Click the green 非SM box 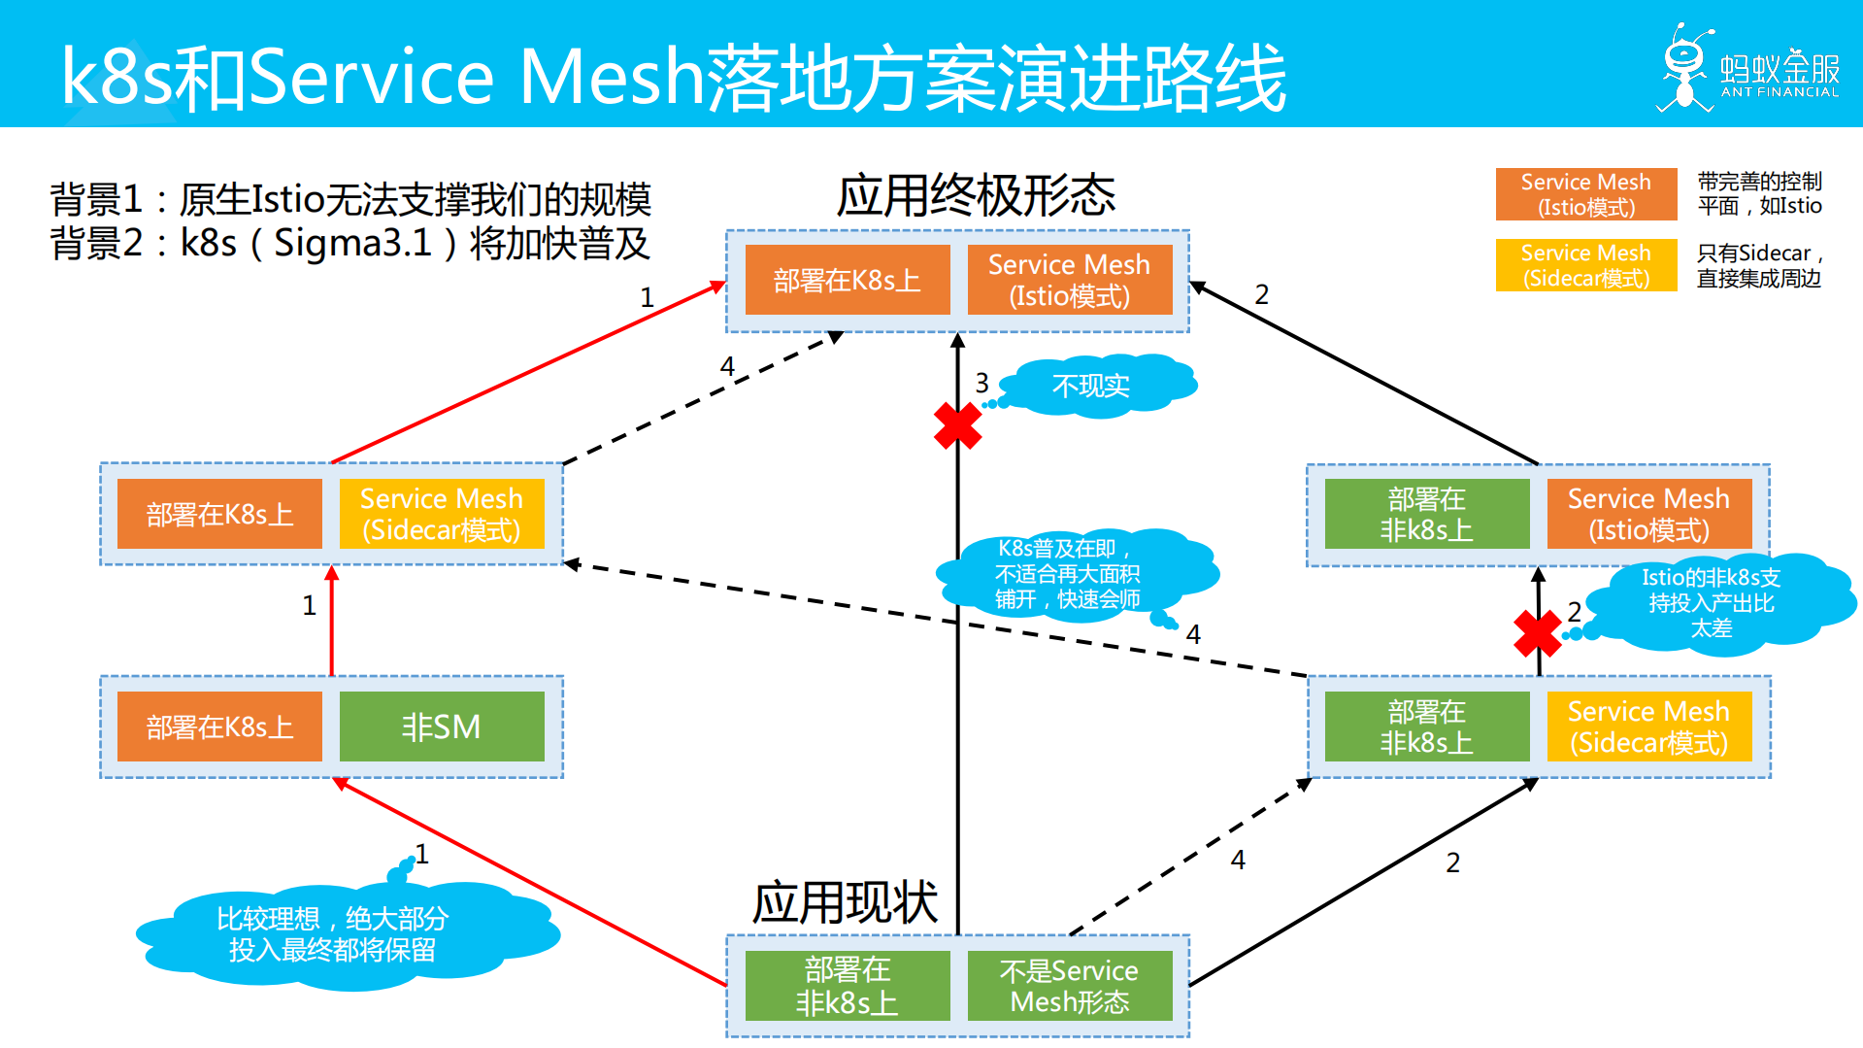point(442,727)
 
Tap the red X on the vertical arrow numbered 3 point(958,425)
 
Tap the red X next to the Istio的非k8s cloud point(1538,633)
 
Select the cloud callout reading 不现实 point(1092,387)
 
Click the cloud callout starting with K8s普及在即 point(1068,574)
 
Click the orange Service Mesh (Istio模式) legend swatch point(1585,194)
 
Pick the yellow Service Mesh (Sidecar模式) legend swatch point(1585,265)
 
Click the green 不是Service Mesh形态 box point(1069,986)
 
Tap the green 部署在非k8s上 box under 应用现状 point(847,986)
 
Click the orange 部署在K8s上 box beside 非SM point(219,727)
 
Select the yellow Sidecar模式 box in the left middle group point(442,514)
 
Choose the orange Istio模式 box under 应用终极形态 point(1069,280)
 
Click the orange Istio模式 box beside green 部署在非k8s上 point(1648,514)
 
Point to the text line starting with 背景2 point(349,244)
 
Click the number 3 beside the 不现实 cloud point(981,383)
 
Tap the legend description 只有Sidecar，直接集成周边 point(1758,265)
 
